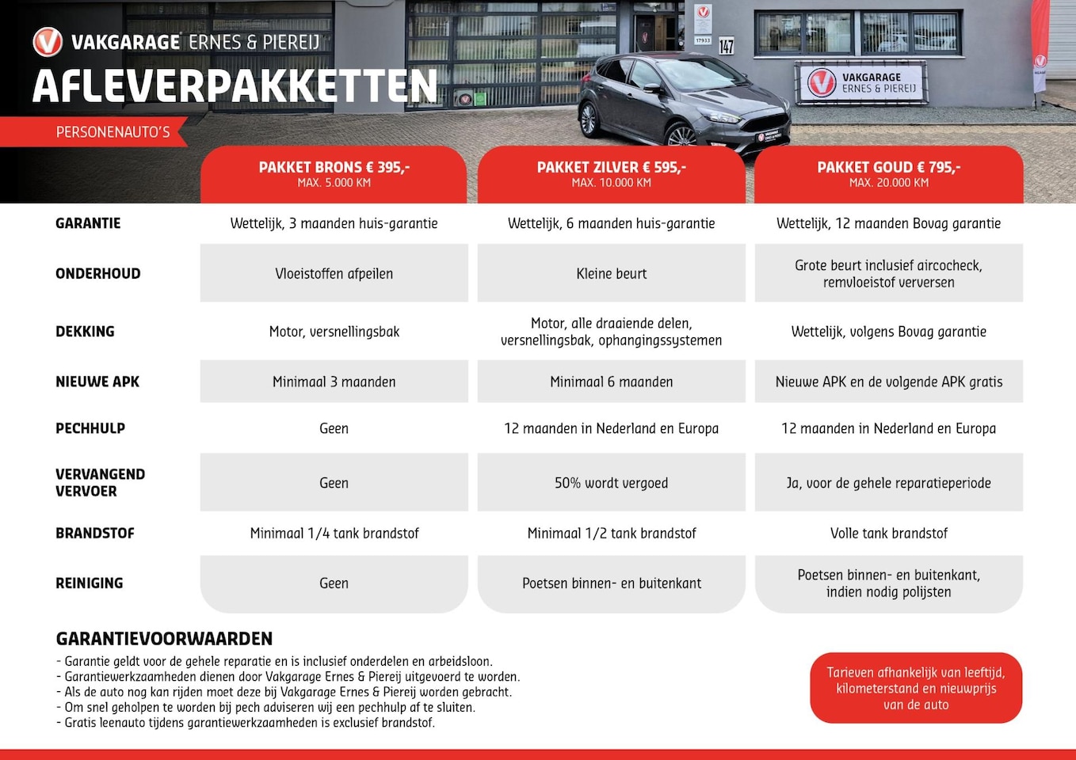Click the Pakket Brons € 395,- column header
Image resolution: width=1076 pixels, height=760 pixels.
click(334, 173)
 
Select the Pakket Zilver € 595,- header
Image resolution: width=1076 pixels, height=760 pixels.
click(611, 173)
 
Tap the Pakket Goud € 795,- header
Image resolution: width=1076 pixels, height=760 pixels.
click(888, 173)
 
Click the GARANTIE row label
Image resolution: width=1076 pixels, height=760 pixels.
click(88, 223)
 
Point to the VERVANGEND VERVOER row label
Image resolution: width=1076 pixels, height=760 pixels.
click(100, 482)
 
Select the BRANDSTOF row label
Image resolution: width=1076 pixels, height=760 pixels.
click(95, 533)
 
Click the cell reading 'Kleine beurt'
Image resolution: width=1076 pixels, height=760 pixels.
click(611, 273)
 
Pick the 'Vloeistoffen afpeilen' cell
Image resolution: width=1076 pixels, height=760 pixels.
click(334, 273)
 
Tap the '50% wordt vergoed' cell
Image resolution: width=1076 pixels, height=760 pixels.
click(611, 482)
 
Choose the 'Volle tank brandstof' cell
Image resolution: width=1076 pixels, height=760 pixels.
click(888, 533)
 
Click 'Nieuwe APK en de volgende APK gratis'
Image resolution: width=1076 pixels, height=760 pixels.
click(888, 382)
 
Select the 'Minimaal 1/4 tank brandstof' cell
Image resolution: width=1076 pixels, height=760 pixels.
click(334, 533)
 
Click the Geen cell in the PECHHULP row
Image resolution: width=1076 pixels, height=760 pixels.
click(334, 428)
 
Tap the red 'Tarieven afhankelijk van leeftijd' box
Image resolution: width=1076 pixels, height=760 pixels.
click(916, 688)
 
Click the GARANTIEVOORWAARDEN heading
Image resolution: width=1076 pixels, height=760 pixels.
click(164, 639)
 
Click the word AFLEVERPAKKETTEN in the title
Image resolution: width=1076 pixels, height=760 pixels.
click(235, 86)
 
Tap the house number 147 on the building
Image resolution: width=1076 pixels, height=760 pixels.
click(726, 46)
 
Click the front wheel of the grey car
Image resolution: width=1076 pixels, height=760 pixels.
click(681, 136)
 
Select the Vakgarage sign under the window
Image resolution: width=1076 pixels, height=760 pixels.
click(861, 82)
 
